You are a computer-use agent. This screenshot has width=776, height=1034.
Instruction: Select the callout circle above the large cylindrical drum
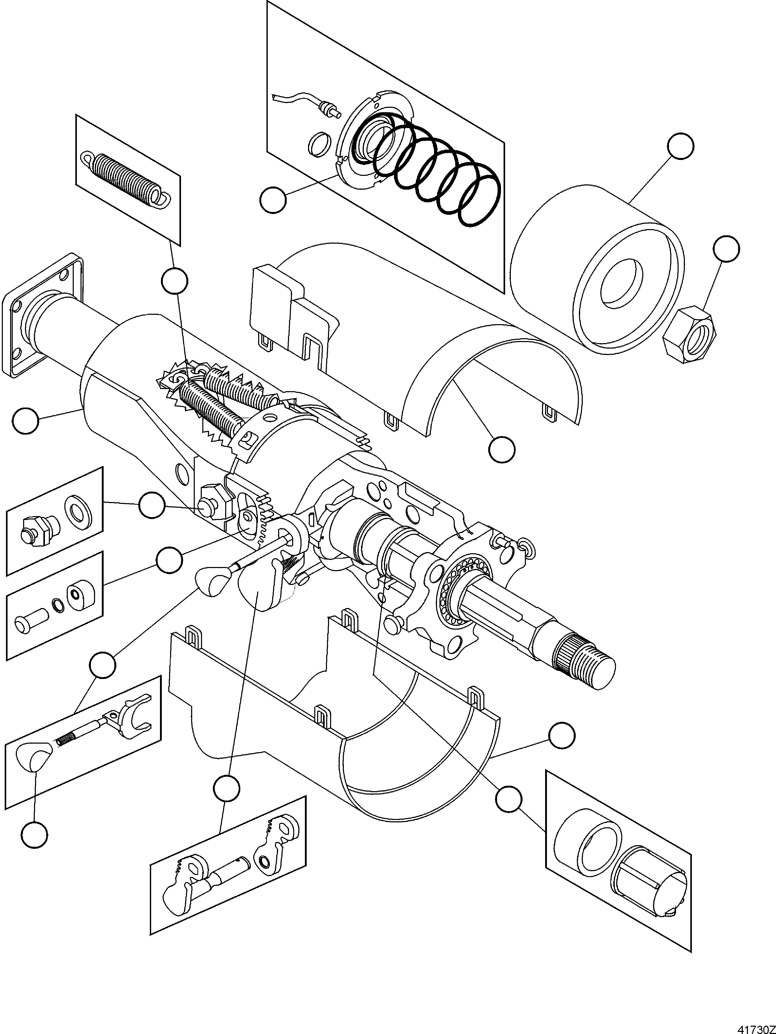(x=680, y=146)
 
